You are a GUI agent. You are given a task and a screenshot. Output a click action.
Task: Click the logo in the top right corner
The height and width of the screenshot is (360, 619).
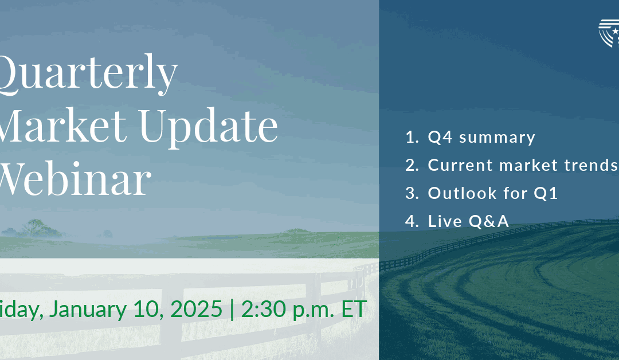coord(609,33)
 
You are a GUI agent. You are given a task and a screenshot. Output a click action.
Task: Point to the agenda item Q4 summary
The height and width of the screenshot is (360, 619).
coord(481,138)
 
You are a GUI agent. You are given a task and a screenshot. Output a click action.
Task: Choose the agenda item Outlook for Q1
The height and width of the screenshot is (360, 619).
coord(493,193)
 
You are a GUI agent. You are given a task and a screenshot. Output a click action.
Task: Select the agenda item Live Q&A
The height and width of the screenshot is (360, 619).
coord(468,221)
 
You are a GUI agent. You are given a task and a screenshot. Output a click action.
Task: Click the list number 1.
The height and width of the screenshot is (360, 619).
coord(412,138)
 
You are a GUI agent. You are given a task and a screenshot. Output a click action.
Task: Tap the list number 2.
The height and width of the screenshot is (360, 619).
coord(412,165)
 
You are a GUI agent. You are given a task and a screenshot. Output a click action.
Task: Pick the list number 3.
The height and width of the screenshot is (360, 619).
coord(412,193)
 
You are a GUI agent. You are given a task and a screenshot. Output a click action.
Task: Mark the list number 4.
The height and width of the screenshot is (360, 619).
coord(412,221)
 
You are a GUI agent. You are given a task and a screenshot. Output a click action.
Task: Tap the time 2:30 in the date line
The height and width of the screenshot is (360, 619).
coord(260,309)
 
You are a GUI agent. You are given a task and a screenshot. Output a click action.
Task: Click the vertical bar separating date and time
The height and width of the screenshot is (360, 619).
coord(232,309)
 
